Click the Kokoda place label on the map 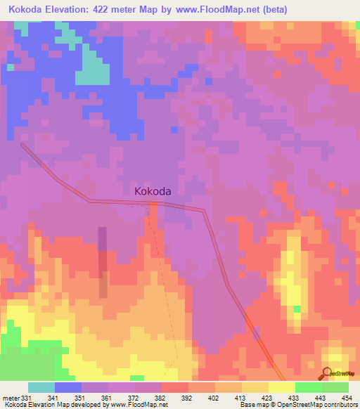(x=153, y=190)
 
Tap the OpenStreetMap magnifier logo (x=328, y=372)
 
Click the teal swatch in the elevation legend (x=41, y=387)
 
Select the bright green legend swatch (x=309, y=387)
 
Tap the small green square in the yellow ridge (x=297, y=309)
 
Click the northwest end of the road (x=23, y=145)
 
